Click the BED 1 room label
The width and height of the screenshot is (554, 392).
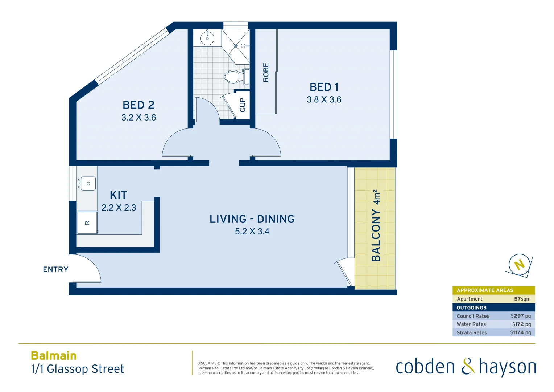pos(324,87)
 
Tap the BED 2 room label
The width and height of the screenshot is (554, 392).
pos(138,105)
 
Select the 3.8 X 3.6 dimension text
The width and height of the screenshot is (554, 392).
pos(324,99)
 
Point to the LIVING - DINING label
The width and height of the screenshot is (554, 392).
pos(252,219)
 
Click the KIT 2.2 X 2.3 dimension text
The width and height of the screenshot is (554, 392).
pos(119,208)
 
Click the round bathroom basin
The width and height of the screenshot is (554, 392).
pos(207,38)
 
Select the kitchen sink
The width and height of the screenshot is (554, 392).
pos(88,184)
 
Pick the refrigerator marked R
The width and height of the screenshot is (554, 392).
pos(87,223)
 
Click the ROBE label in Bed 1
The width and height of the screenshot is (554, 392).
pos(266,72)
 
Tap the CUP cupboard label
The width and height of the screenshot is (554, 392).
pos(243,105)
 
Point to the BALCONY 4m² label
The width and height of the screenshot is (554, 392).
pos(376,225)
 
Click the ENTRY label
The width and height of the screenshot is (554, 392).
pos(55,269)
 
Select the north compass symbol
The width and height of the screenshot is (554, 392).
pos(519,265)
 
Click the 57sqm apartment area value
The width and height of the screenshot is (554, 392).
pos(522,299)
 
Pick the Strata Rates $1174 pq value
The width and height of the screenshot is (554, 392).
pos(520,332)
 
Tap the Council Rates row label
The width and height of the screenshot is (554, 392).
pos(473,316)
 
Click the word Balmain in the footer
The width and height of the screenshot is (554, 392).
pos(54,356)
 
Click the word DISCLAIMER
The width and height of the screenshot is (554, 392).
pos(208,363)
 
